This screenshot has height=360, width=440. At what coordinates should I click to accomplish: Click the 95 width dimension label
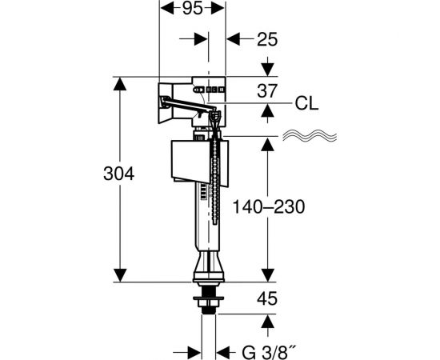point(192,9)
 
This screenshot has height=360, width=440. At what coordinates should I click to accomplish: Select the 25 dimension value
point(267,39)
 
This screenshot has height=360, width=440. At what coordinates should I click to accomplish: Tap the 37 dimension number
point(267,90)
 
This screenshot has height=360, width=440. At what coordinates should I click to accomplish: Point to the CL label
point(306,103)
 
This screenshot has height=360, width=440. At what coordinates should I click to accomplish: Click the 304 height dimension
point(118,174)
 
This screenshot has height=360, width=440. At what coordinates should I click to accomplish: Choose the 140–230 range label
point(269,206)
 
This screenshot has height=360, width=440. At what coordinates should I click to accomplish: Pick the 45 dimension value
point(267,298)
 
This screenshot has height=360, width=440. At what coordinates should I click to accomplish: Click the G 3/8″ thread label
point(270,353)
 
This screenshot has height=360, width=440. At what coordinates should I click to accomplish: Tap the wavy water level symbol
point(310,135)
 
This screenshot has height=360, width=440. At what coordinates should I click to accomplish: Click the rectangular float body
point(199,163)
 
